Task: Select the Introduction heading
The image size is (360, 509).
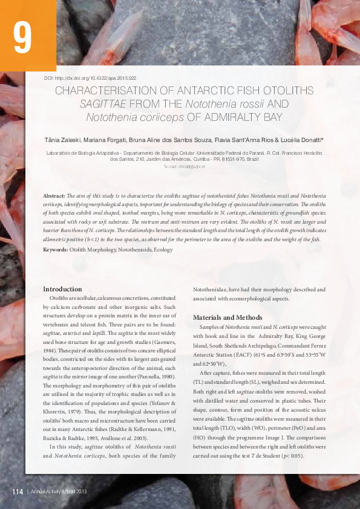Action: coord(62,289)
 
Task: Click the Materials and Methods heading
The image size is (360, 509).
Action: coord(227,317)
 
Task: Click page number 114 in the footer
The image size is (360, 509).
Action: coord(17,492)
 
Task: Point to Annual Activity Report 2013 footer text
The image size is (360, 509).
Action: coord(59,492)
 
